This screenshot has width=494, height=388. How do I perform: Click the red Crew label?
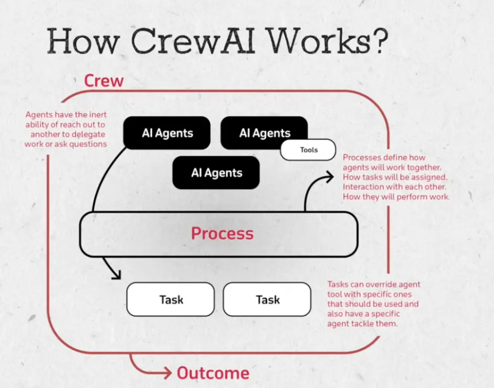104,81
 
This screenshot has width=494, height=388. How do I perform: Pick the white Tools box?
308,150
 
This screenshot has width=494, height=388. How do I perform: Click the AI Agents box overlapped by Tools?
264,133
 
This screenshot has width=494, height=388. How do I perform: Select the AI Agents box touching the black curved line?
167,133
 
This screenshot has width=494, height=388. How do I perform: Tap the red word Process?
222,233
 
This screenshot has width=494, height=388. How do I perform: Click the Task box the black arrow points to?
170,299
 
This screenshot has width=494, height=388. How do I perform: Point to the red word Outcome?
213,373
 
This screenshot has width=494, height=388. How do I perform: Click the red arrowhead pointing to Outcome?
168,373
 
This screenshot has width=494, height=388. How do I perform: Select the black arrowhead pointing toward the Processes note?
329,177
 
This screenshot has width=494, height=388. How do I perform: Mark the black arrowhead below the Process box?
116,274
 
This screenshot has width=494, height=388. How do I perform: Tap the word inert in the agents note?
98,114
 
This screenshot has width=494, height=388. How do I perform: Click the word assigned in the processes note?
431,177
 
